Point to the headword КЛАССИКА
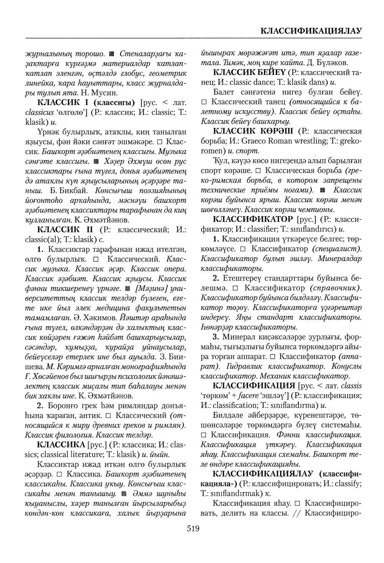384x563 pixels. tap(61, 444)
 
